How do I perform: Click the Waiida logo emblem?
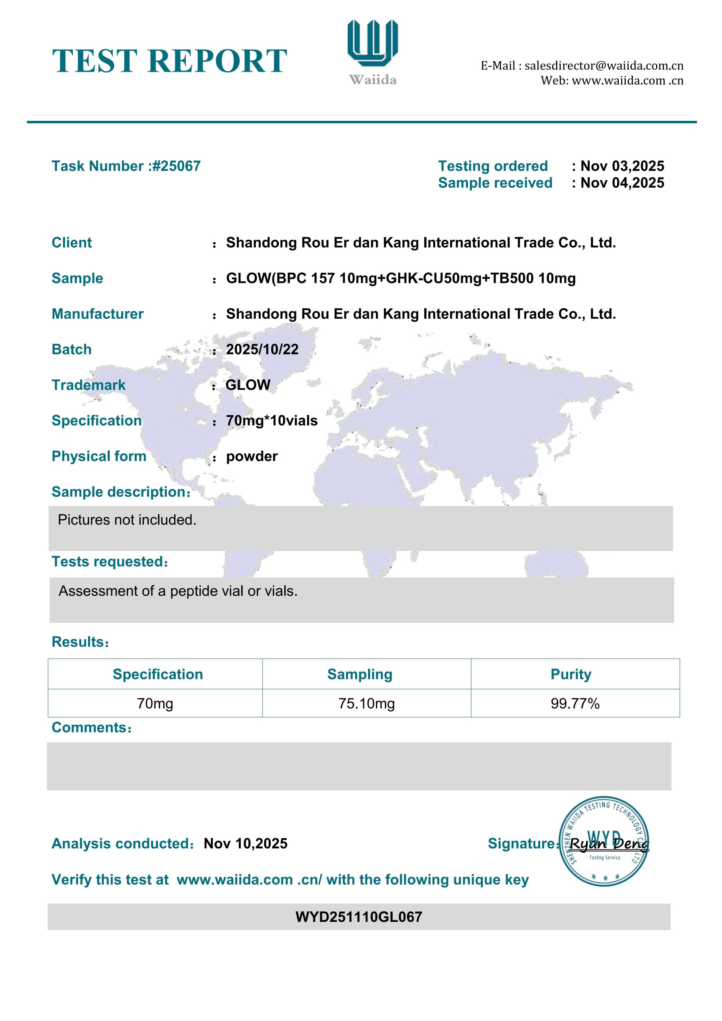click(x=372, y=43)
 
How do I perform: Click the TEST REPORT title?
click(x=169, y=61)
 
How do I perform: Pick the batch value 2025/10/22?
click(x=262, y=349)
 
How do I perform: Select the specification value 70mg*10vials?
click(x=271, y=420)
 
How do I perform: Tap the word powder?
click(x=252, y=456)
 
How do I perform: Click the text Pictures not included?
click(x=127, y=519)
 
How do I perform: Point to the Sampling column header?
click(x=360, y=674)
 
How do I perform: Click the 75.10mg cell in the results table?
click(x=366, y=704)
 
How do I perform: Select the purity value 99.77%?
click(x=575, y=704)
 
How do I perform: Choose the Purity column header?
click(x=571, y=674)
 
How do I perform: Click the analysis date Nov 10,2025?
click(x=246, y=844)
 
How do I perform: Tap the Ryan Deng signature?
click(x=609, y=844)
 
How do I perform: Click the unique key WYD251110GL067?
click(x=359, y=917)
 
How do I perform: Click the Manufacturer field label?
click(x=97, y=314)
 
